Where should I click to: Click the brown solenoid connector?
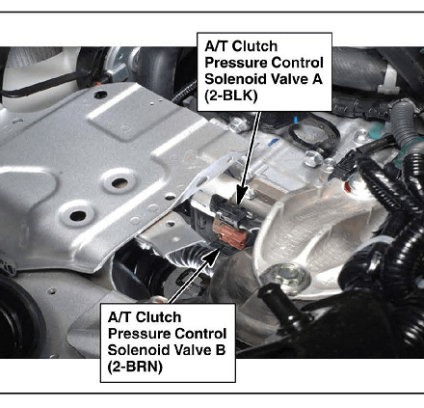(229, 233)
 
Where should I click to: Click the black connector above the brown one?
(228, 209)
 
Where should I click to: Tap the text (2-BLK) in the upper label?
(231, 95)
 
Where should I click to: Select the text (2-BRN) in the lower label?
(135, 367)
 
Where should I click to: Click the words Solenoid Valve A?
(263, 79)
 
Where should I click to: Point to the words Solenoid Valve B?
(167, 350)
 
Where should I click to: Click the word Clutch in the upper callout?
(254, 46)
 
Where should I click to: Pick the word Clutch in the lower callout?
(158, 317)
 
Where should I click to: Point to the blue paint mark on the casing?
(274, 142)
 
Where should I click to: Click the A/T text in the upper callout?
(217, 46)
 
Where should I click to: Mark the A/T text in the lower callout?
(119, 317)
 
